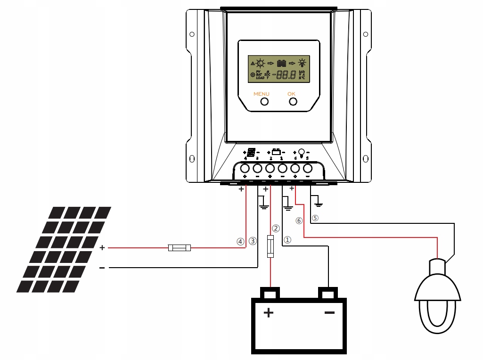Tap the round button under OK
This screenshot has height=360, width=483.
[293, 101]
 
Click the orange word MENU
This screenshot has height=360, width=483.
[262, 94]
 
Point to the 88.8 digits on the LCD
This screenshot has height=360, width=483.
[286, 74]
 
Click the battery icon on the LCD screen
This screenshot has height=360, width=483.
[282, 63]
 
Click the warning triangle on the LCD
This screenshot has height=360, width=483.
[253, 63]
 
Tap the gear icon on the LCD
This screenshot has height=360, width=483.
[253, 75]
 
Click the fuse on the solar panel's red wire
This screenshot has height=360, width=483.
[180, 247]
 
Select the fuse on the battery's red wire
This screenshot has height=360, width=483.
[270, 245]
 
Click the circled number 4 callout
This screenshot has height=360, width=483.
[241, 241]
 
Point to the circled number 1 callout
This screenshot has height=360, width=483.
[288, 239]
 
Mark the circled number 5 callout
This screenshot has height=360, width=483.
[315, 218]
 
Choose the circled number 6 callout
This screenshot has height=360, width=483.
[299, 220]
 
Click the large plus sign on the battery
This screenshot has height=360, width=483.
[269, 312]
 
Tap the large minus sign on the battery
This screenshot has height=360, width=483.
[329, 312]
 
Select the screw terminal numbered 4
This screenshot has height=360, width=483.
[245, 168]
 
